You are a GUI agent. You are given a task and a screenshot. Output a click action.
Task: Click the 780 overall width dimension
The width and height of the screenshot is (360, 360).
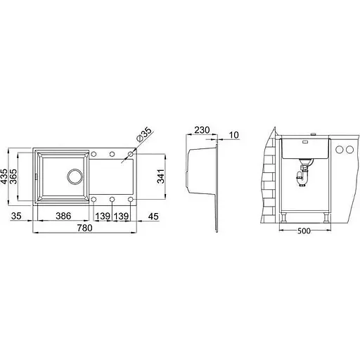tap(85, 228)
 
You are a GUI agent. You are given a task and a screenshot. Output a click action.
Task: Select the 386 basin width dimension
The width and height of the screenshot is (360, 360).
tap(63, 216)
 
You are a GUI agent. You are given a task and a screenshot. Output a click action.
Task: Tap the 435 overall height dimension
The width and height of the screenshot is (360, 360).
tap(4, 176)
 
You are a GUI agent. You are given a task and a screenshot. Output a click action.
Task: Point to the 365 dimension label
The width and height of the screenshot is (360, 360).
tap(13, 176)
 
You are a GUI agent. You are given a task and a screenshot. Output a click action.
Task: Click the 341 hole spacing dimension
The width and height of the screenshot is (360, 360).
tap(160, 176)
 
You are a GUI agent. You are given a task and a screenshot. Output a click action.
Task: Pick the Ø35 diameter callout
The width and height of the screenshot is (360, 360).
tap(143, 134)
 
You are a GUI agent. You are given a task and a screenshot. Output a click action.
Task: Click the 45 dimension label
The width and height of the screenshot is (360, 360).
tap(153, 216)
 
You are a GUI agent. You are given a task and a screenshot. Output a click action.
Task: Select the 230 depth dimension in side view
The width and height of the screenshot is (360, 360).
tap(202, 130)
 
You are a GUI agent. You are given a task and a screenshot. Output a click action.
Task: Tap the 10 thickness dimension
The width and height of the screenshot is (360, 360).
tap(233, 135)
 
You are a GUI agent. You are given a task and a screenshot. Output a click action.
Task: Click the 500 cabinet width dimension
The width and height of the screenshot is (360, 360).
tap(304, 231)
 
